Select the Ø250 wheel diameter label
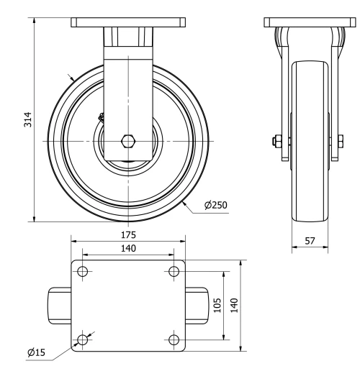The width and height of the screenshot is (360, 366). point(215,205)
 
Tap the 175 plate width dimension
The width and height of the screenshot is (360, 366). point(128,234)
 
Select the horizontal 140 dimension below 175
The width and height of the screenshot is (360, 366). point(128,247)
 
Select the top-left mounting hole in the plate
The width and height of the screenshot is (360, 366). point(83,272)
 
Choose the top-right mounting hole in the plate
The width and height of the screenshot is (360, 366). point(173,272)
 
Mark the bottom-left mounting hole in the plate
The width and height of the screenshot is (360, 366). point(83,339)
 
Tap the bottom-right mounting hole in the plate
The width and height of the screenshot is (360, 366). point(173,339)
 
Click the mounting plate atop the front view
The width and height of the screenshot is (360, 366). point(128,22)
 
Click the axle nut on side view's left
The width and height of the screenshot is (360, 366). point(278,140)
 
